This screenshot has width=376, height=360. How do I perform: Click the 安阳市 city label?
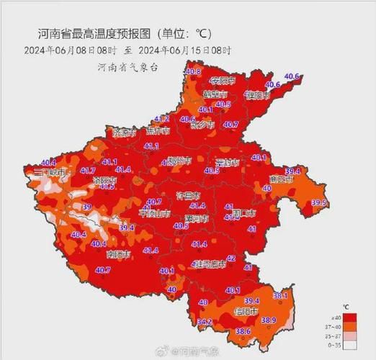[224, 79]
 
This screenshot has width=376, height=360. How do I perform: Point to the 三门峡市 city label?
[50, 173]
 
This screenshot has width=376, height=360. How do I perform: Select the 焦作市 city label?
[158, 131]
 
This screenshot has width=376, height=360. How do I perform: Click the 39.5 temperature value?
[321, 203]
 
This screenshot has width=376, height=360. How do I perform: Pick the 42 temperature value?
[231, 258]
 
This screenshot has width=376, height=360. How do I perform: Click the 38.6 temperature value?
[243, 330]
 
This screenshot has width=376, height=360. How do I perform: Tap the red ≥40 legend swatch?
[350, 317]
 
